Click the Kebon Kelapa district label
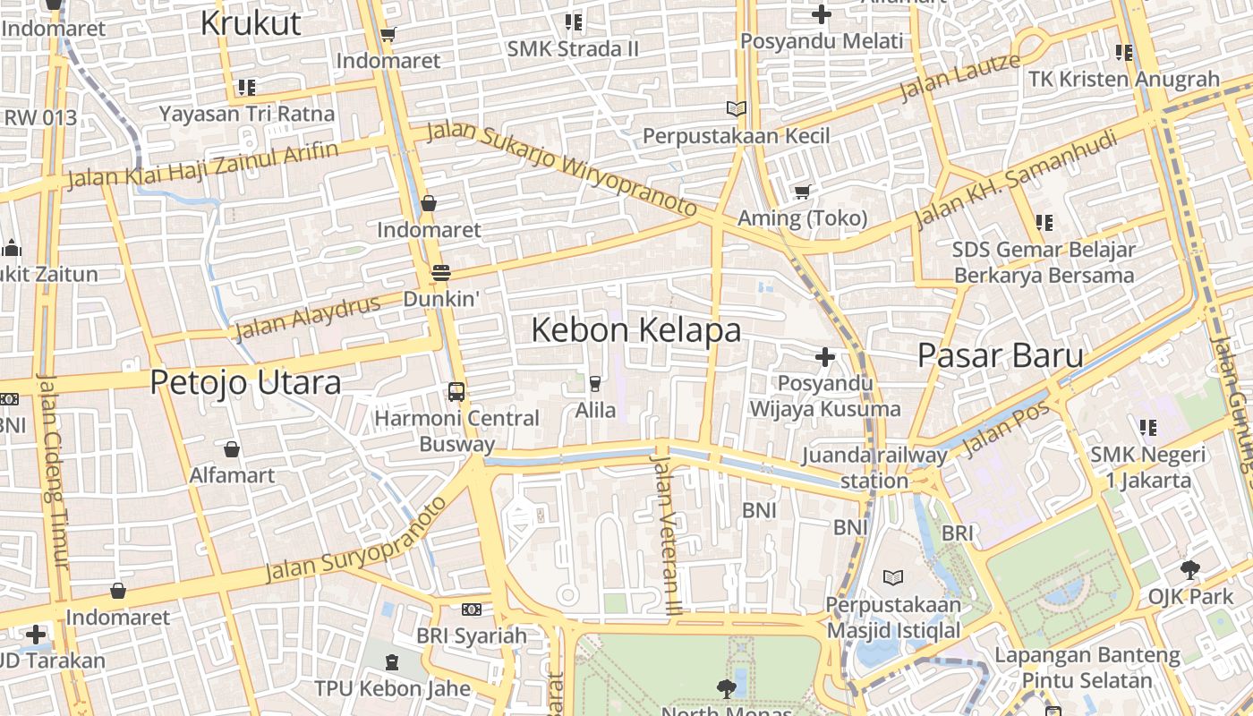(x=635, y=330)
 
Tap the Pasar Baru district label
(x=1000, y=355)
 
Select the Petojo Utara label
(x=245, y=382)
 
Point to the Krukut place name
(x=251, y=23)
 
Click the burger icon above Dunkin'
(x=440, y=272)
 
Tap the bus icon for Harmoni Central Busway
(x=456, y=391)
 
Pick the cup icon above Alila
(x=594, y=383)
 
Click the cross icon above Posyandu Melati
(x=822, y=14)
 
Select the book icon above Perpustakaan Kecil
(x=737, y=109)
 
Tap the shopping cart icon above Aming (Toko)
(x=802, y=192)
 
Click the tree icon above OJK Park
(x=1190, y=569)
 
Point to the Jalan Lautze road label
(x=959, y=77)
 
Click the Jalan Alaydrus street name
(x=307, y=317)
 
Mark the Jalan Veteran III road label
(x=666, y=534)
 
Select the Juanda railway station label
(x=874, y=467)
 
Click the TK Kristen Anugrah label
(x=1124, y=79)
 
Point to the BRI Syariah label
(x=472, y=635)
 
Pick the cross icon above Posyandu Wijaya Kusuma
(x=825, y=357)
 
